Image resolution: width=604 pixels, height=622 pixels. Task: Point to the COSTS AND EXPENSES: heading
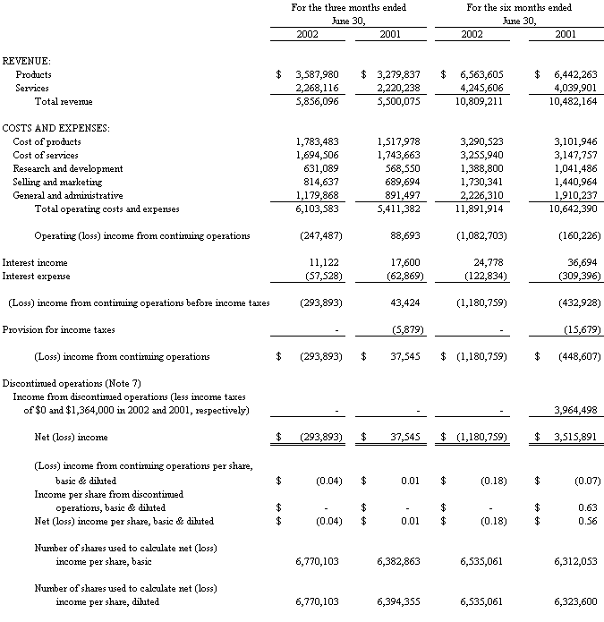tap(55, 128)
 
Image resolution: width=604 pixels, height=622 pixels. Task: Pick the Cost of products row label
tap(47, 141)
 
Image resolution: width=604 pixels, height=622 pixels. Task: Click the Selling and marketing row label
tap(55, 182)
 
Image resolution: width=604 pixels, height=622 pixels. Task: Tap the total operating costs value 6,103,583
tap(318, 209)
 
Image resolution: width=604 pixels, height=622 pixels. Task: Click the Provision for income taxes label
tap(58, 329)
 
